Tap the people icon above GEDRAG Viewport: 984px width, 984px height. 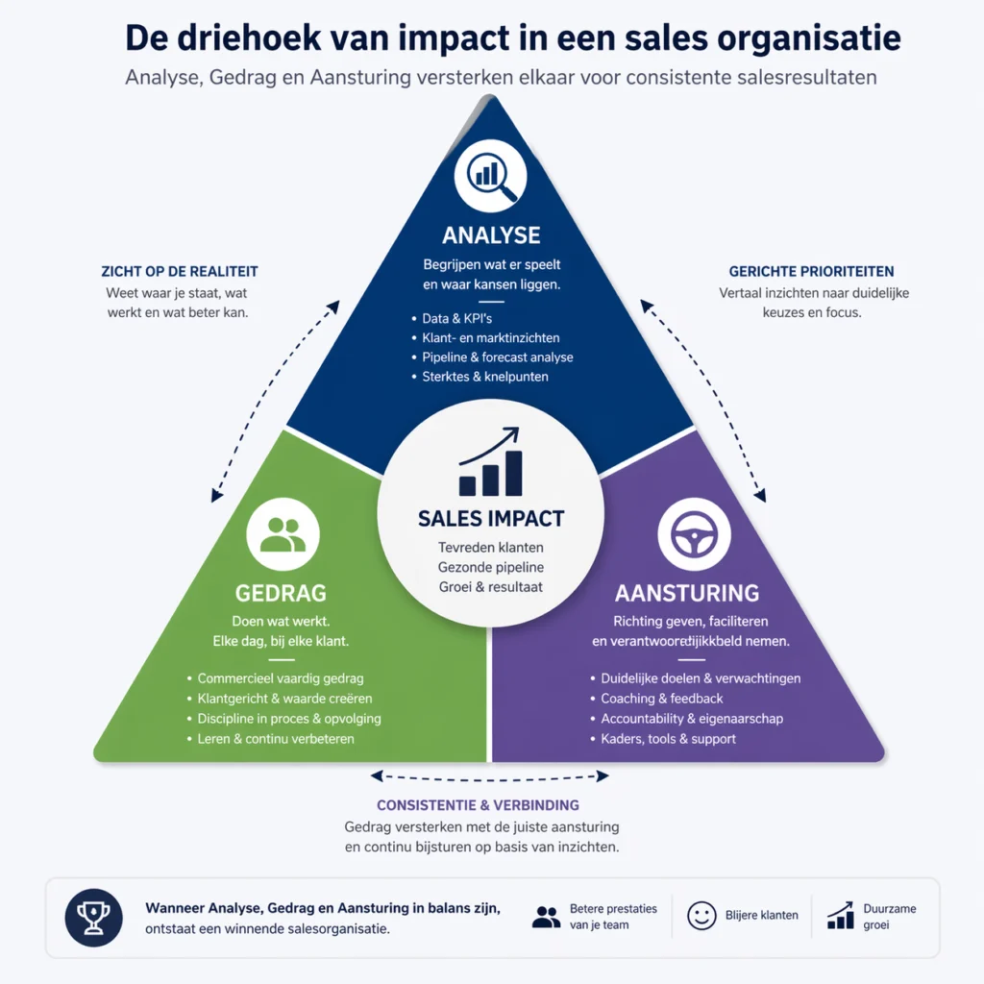click(283, 534)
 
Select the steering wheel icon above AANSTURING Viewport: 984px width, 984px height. click(694, 534)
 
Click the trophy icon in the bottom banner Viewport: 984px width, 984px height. click(93, 918)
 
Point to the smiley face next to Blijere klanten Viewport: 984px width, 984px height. click(701, 916)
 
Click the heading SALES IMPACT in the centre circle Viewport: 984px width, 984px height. click(491, 519)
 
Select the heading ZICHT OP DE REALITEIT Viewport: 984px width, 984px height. click(180, 272)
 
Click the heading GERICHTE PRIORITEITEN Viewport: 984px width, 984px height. click(811, 272)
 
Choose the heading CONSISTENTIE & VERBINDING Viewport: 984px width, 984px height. click(478, 805)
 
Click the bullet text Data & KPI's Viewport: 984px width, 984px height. click(456, 319)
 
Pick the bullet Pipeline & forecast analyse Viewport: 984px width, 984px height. click(498, 357)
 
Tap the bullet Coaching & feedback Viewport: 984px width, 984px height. click(662, 699)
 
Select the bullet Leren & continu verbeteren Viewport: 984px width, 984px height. click(276, 739)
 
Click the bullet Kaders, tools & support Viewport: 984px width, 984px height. click(669, 739)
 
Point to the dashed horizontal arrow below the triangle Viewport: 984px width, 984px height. click(490, 776)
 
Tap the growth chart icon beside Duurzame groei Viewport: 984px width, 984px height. click(840, 916)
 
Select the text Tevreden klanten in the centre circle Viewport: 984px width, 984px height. click(491, 548)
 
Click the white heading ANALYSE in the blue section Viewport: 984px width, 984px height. click(491, 235)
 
